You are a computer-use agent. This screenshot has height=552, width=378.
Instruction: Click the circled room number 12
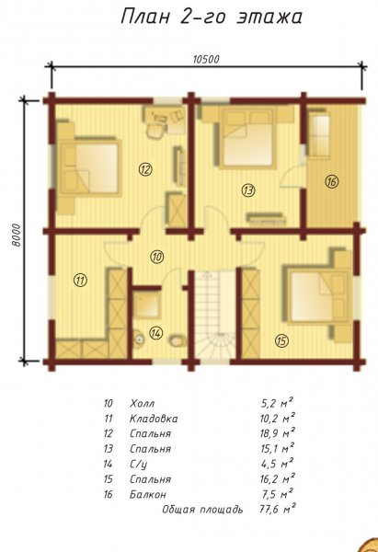pos(145,169)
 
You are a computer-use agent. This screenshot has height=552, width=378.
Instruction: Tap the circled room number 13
pos(248,190)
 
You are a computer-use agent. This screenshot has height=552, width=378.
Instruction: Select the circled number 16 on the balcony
pos(331,181)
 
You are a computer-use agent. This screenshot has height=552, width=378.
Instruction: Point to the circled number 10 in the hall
pos(156,257)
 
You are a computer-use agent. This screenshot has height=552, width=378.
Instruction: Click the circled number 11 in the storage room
pos(81,281)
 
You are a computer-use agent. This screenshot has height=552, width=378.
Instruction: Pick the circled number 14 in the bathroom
pos(155,332)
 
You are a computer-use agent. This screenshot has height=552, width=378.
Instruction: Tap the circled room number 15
pos(281,340)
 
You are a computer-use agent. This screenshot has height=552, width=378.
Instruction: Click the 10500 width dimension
pos(206,59)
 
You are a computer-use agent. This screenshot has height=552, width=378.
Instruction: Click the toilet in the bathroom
pos(178,340)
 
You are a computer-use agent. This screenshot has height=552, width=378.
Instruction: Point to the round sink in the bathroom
pos(139,339)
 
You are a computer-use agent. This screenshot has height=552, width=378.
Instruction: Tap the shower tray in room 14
pos(147,303)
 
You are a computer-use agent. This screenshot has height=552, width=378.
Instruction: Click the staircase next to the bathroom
pos(215,315)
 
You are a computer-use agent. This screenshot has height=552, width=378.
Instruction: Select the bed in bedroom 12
pos(90,168)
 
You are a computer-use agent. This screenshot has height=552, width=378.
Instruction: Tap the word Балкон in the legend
pos(148,494)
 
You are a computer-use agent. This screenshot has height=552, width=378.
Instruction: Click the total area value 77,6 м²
pos(278,509)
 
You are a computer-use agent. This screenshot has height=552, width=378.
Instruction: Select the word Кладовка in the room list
pos(154,419)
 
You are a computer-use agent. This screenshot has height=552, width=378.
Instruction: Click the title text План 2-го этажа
pos(212,17)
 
